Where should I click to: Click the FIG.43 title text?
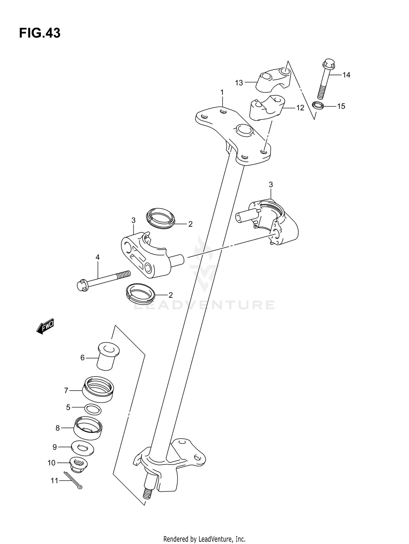[40, 33]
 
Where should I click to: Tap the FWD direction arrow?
[45, 326]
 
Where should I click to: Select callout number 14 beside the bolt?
[346, 75]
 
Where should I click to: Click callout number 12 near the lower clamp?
[300, 108]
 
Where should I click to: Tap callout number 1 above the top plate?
[222, 93]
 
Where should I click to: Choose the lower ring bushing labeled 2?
[140, 294]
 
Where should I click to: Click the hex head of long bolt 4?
[82, 286]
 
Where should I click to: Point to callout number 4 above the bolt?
[97, 257]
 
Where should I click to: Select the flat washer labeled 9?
[82, 448]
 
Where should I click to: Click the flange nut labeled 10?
[79, 464]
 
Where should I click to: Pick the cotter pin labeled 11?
[73, 480]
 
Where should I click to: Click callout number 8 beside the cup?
[57, 428]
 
